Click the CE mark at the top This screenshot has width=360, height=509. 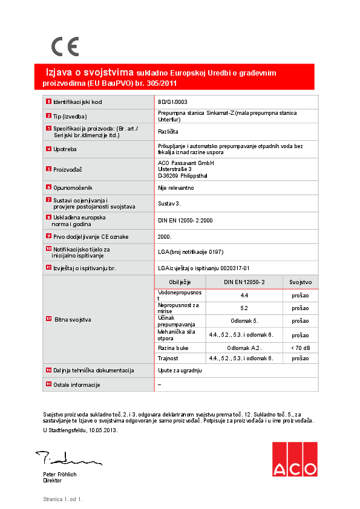[x=64, y=47]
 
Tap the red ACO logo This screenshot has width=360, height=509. [x=294, y=459]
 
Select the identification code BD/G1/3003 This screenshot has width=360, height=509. [x=172, y=102]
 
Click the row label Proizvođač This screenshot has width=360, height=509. [x=68, y=170]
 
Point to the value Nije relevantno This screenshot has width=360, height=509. [x=176, y=188]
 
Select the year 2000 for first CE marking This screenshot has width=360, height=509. [x=165, y=236]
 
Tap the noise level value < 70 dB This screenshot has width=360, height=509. [x=300, y=348]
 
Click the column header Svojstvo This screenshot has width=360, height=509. [x=300, y=282]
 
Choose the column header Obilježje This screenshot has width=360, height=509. [x=180, y=282]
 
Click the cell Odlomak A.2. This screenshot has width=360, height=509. [x=244, y=348]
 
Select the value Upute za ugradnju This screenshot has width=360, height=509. [x=180, y=369]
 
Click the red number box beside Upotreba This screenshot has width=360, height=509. [x=48, y=148]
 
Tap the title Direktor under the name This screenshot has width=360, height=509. [x=53, y=481]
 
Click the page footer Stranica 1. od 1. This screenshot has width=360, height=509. [x=62, y=499]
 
